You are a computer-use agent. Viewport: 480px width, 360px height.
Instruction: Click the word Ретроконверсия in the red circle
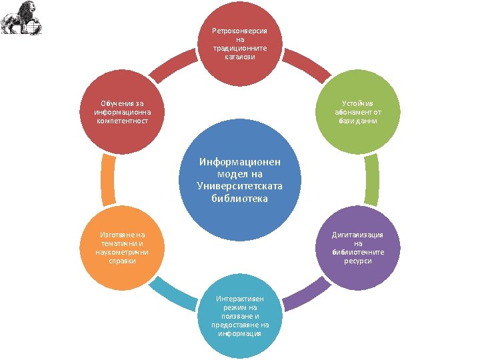[240, 31]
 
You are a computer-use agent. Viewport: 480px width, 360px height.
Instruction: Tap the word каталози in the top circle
[240, 57]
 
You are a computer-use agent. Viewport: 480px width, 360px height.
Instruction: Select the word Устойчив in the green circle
[358, 103]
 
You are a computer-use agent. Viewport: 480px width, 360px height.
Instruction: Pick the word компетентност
[121, 121]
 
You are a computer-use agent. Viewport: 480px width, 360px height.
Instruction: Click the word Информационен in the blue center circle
[240, 161]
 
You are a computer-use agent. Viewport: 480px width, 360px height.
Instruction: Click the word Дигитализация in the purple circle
[358, 235]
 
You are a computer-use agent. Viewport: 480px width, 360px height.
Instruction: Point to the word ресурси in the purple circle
[358, 261]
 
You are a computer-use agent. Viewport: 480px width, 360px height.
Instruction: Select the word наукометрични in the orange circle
[121, 252]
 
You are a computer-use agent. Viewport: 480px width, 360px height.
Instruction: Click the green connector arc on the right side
[372, 179]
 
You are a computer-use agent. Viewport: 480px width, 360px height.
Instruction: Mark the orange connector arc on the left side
[107, 179]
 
